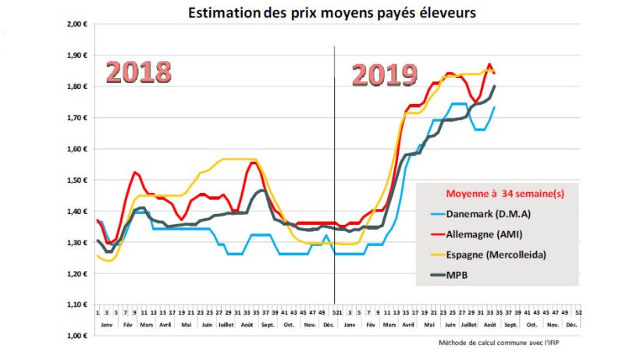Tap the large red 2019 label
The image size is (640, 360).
384,75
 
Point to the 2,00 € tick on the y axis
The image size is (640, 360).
76,24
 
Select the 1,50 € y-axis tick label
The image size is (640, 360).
76,180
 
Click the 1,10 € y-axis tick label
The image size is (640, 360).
76,305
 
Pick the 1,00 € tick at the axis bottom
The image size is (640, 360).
76,336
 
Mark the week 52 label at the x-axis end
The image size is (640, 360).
578,312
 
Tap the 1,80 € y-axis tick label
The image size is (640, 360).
76,87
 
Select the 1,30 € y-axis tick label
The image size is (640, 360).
76,242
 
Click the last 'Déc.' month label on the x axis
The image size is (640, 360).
571,324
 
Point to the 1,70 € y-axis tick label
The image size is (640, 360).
76,118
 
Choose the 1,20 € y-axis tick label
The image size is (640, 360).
76,273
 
